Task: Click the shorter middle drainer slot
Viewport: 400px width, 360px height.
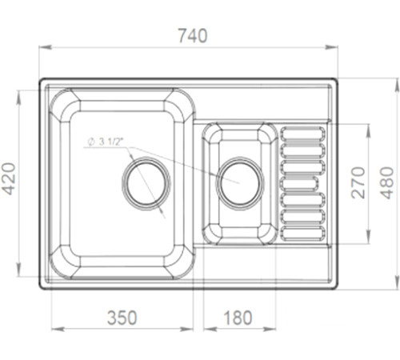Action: tap(298, 182)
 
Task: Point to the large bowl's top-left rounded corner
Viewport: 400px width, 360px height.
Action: tap(63, 103)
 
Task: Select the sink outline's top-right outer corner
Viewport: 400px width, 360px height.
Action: tap(336, 79)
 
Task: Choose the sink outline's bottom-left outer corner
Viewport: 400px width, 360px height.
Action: tap(40, 286)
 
